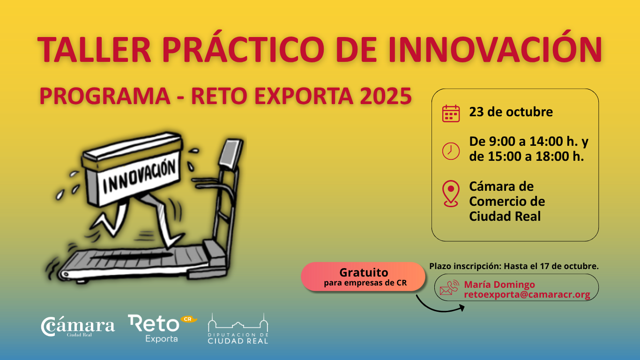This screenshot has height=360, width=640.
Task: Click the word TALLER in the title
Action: [x=94, y=49]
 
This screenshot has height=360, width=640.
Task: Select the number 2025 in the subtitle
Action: [x=386, y=96]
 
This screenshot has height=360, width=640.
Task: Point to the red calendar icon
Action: [x=451, y=113]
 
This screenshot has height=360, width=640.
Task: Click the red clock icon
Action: [x=451, y=150]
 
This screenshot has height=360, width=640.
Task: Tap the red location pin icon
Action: [x=451, y=193]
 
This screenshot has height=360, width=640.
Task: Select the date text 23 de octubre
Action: [x=511, y=112]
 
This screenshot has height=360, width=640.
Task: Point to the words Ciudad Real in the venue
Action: [x=505, y=216]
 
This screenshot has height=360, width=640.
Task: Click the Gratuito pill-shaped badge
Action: [x=363, y=277]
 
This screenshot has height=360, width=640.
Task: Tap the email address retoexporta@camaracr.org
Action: [x=527, y=294]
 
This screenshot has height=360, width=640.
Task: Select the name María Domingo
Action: [x=499, y=285]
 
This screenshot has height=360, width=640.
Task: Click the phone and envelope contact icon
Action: [x=449, y=287]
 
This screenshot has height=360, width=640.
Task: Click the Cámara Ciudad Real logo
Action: [x=78, y=327]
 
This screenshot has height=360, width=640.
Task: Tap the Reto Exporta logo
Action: [x=162, y=328]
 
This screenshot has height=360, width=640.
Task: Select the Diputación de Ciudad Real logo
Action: [x=238, y=329]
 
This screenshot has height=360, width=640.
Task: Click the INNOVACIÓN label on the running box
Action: [x=139, y=176]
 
